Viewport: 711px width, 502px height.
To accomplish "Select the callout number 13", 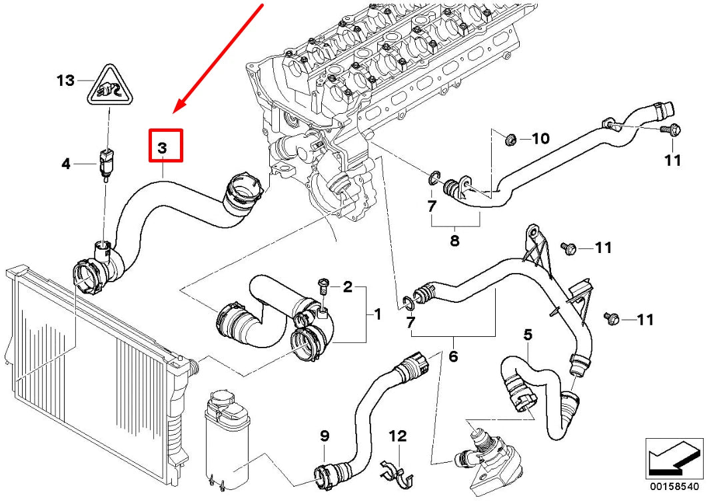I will click(x=65, y=81).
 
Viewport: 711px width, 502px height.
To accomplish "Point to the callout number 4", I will click(x=66, y=163).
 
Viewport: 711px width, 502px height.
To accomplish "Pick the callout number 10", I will click(x=540, y=138).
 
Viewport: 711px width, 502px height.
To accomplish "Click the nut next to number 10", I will click(x=512, y=139).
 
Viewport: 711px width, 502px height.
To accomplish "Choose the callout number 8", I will click(x=454, y=241).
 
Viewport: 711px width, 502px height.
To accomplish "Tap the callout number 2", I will click(x=347, y=288).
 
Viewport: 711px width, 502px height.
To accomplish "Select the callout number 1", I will click(x=377, y=314).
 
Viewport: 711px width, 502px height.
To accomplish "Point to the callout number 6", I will click(x=453, y=357).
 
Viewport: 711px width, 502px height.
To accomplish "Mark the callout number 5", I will click(x=528, y=336).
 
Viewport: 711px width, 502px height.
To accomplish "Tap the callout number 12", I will click(x=398, y=437).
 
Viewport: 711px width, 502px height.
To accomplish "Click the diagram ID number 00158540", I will click(x=674, y=487).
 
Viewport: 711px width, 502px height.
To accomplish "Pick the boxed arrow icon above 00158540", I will click(x=674, y=459).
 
